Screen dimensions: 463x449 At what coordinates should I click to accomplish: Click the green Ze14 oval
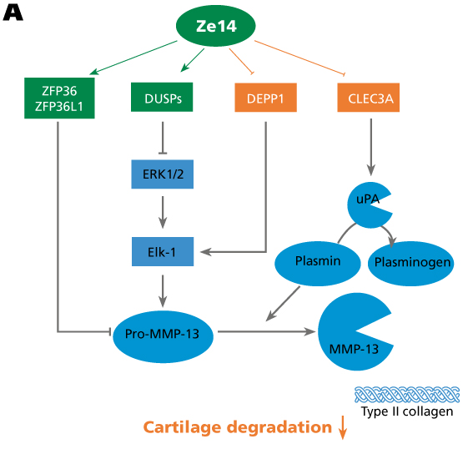[215, 26]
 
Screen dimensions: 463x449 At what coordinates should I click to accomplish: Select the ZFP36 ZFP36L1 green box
[59, 98]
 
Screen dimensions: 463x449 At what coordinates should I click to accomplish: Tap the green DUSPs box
[162, 97]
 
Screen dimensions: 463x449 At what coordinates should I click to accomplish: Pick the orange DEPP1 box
[266, 98]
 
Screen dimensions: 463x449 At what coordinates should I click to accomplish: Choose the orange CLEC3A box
[369, 98]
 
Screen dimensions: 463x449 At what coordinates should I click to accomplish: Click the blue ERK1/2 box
[163, 174]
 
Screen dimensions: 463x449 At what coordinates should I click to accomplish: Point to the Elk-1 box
[163, 252]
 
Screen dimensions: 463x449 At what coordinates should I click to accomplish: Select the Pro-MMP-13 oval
[163, 337]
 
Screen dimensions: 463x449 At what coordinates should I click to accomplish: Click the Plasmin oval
[318, 264]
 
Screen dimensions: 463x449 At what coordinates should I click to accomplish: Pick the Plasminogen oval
[410, 264]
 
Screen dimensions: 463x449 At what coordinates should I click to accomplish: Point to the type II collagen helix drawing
[407, 395]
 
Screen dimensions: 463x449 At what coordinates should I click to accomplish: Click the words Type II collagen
[407, 411]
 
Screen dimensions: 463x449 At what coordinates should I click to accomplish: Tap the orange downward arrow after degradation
[343, 427]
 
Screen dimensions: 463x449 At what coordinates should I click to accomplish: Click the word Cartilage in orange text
[182, 428]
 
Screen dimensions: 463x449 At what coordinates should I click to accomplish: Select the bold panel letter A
[13, 13]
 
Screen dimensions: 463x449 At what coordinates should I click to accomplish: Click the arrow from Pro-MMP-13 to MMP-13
[267, 331]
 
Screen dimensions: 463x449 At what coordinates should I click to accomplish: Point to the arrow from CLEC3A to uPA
[371, 147]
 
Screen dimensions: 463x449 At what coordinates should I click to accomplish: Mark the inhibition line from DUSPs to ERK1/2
[163, 138]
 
